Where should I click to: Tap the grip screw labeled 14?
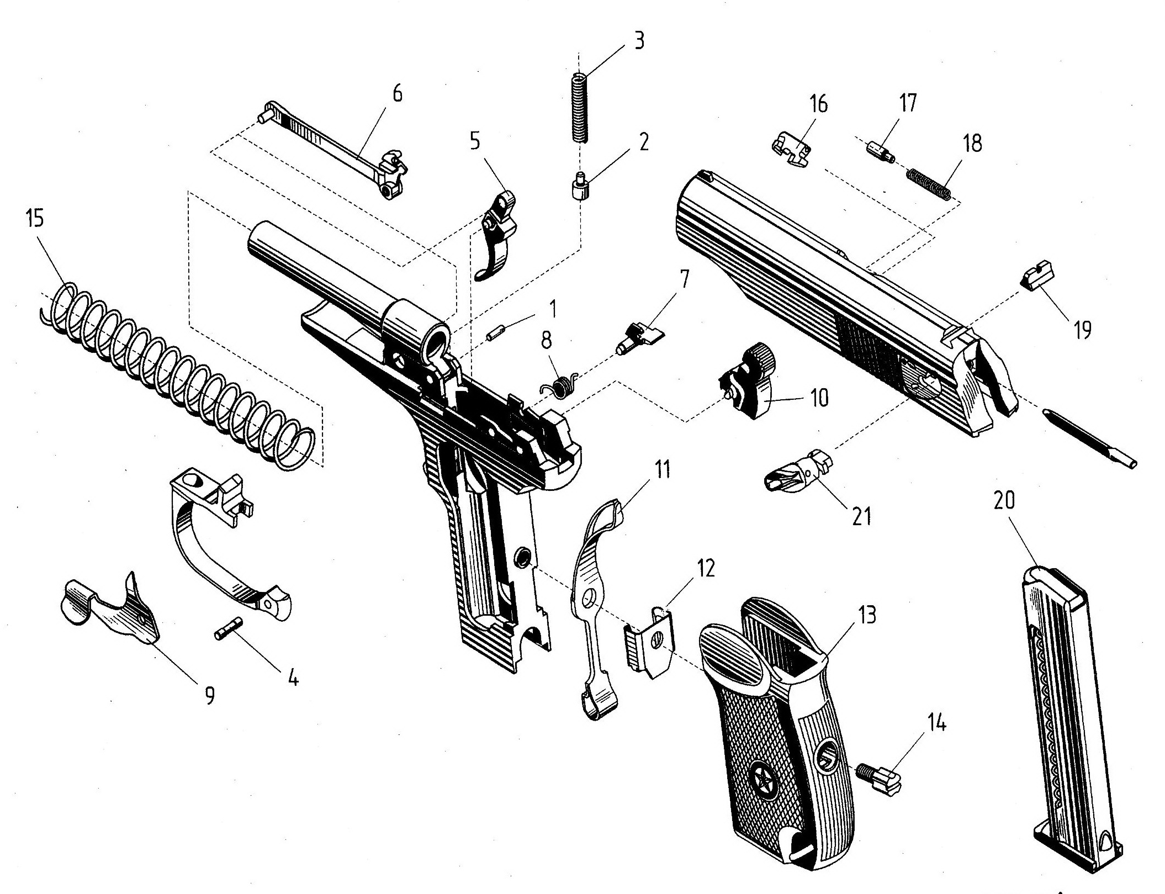[880, 781]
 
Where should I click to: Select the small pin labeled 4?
[228, 628]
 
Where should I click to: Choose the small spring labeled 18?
[929, 184]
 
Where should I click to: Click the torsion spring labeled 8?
[559, 384]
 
